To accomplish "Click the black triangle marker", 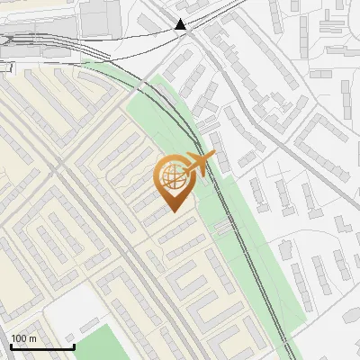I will (x=181, y=24).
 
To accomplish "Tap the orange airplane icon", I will (x=199, y=163).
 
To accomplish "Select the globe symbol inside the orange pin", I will (x=172, y=177).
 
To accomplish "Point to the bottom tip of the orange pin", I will (x=172, y=212).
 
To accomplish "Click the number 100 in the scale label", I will (x=19, y=338).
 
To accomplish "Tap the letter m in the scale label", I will (x=32, y=338).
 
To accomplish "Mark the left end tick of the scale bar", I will (x=12, y=346).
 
